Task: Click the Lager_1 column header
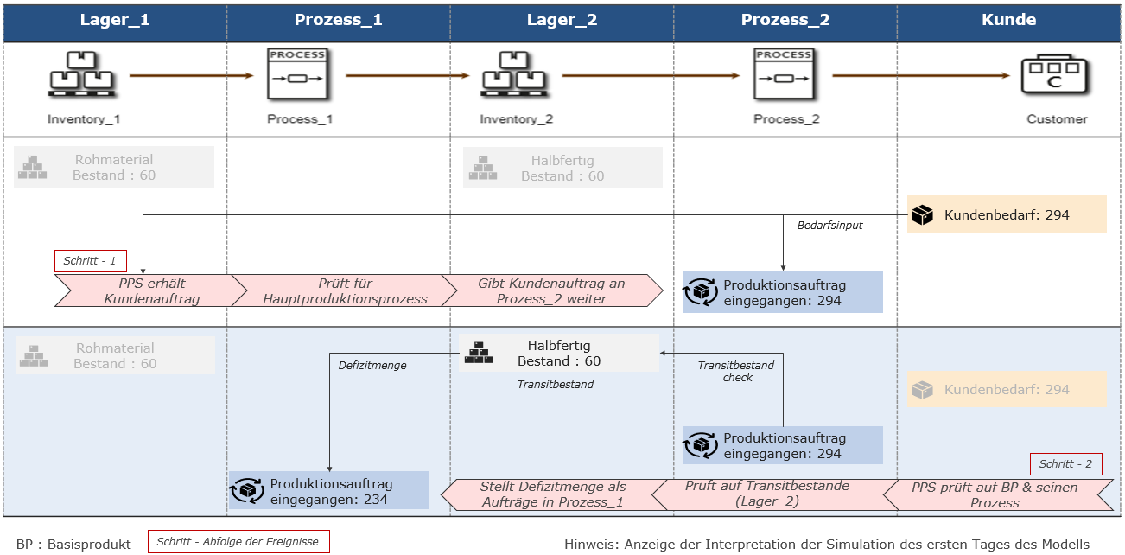click(115, 20)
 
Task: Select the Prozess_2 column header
click(785, 20)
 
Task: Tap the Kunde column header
click(1009, 20)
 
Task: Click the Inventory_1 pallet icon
click(82, 75)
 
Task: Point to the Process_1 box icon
click(298, 76)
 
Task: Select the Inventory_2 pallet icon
click(514, 75)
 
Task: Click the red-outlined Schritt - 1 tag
click(90, 261)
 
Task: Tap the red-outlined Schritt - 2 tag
click(1065, 464)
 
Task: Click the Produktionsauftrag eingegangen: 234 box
click(329, 490)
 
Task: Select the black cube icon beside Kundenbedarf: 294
click(923, 214)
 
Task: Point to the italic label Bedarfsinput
click(829, 226)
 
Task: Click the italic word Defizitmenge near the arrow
click(372, 366)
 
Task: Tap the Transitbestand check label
click(737, 371)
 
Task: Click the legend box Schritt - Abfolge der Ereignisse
click(238, 542)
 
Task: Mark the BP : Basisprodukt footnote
click(73, 544)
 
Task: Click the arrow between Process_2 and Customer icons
click(921, 76)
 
